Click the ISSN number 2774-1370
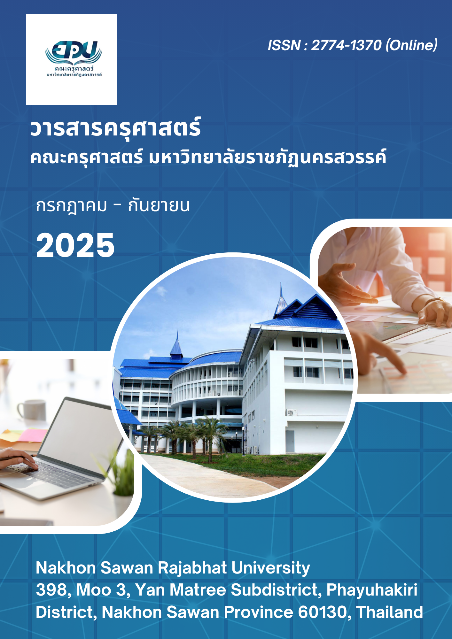(x=346, y=45)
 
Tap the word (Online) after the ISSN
(x=411, y=45)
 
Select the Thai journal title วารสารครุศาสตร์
(x=115, y=128)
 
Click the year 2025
(x=75, y=245)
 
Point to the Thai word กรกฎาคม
(x=71, y=206)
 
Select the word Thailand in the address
(x=389, y=612)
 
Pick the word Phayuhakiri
(x=372, y=590)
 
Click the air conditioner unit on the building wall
(x=291, y=412)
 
